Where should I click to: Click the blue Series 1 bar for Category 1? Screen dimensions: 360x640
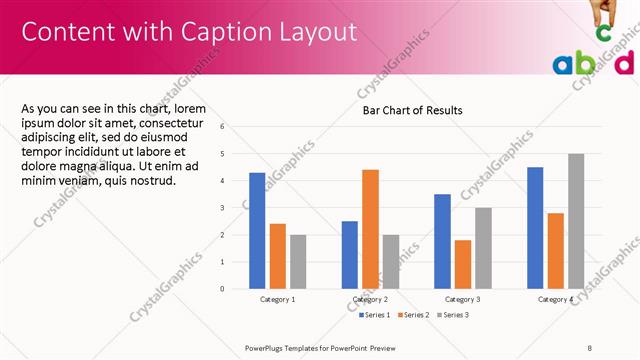click(257, 231)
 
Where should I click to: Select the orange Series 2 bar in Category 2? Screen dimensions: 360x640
click(370, 229)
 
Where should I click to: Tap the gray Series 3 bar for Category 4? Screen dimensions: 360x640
click(576, 221)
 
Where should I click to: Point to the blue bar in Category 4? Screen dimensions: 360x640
click(535, 228)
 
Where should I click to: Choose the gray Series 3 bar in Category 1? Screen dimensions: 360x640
click(298, 262)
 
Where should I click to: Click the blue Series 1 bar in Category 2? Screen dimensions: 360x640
click(349, 255)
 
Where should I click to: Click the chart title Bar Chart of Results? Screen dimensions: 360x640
click(412, 110)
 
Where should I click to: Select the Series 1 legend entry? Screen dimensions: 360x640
click(375, 315)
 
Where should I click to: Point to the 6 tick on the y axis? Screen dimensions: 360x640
click(222, 127)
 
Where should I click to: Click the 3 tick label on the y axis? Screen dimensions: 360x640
click(222, 208)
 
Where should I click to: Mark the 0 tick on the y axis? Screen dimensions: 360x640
click(222, 289)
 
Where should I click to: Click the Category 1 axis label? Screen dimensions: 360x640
click(277, 299)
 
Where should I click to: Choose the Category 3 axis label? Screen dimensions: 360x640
click(462, 299)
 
